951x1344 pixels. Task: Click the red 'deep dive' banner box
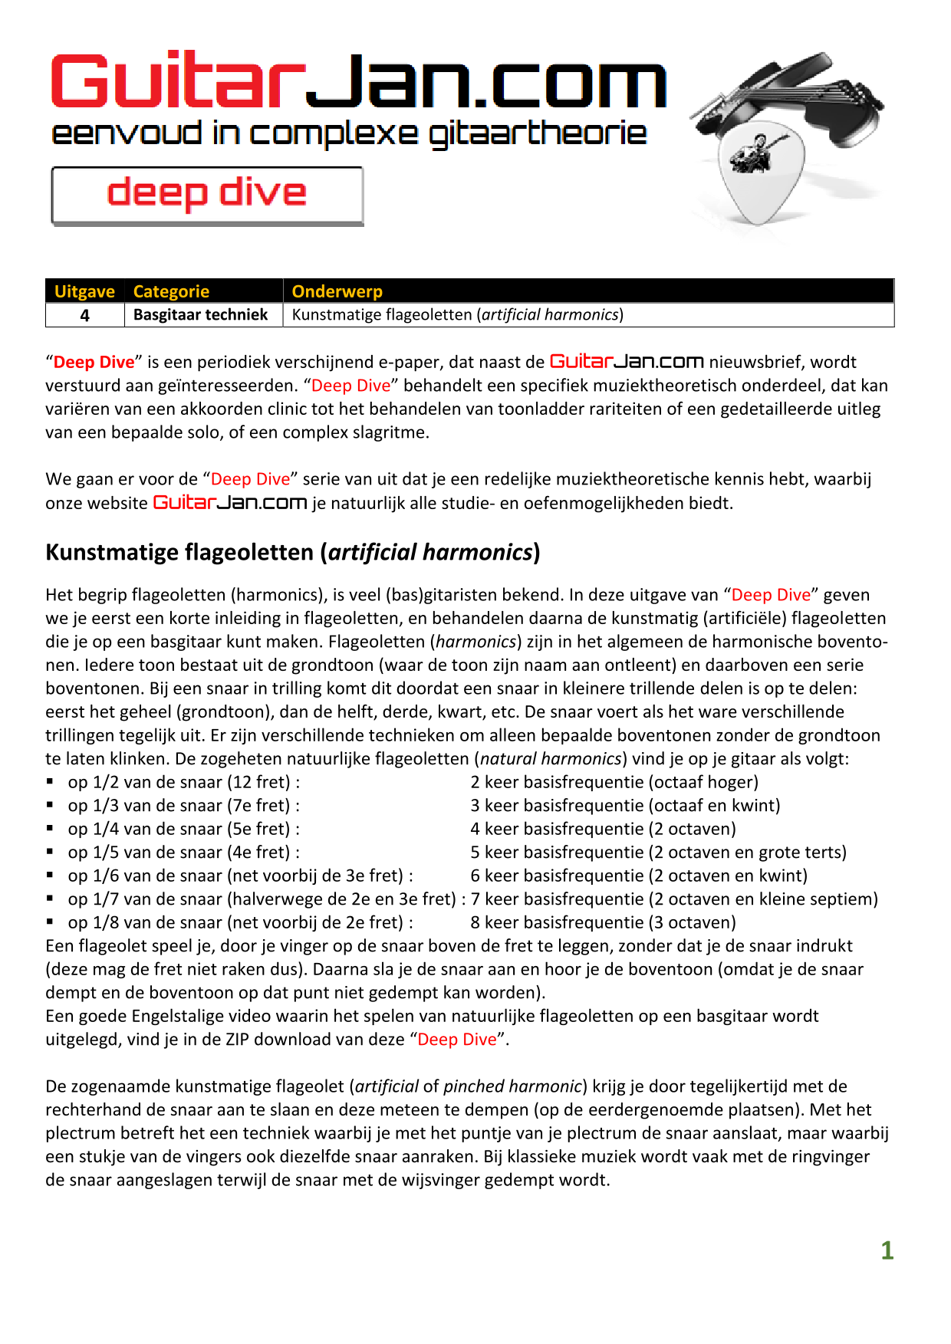click(207, 195)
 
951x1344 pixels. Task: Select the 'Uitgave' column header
click(84, 291)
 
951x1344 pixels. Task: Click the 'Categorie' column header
click(171, 291)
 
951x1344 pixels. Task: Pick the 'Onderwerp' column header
click(337, 291)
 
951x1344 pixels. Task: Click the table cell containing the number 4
click(84, 315)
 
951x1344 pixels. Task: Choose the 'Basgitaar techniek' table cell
click(200, 315)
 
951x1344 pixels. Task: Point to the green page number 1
click(887, 1250)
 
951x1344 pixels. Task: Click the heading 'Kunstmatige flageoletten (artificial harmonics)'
click(292, 552)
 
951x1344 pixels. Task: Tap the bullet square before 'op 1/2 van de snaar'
click(50, 782)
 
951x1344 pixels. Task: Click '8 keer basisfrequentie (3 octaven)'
click(603, 922)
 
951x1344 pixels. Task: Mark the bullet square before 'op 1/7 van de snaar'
click(50, 899)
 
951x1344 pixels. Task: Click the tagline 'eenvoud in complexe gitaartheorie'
click(349, 133)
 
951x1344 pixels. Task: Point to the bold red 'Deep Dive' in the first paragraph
click(94, 363)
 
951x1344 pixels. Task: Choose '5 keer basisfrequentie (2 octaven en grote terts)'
click(658, 852)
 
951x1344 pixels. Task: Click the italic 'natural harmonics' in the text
click(551, 759)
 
